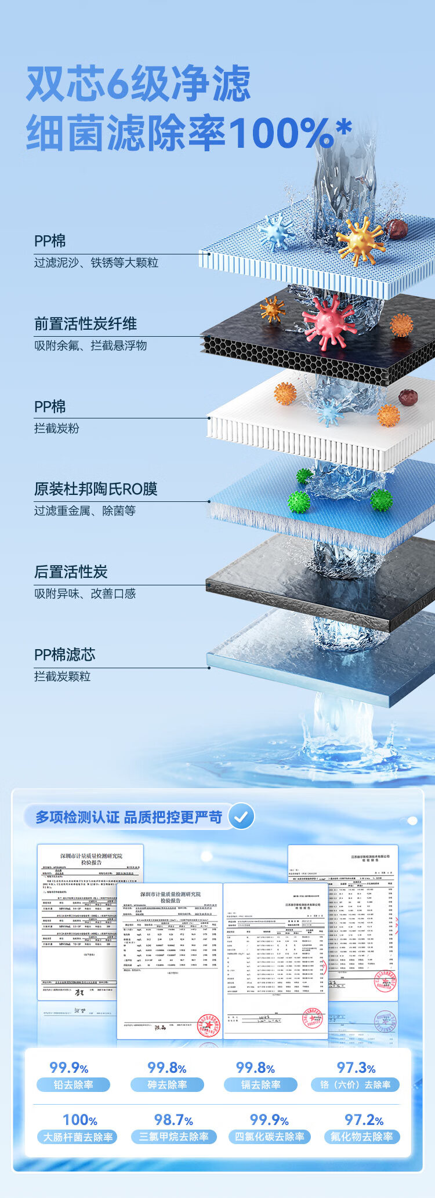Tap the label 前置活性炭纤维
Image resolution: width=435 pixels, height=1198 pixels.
pos(85,324)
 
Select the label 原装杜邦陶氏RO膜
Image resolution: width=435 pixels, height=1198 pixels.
pos(95,489)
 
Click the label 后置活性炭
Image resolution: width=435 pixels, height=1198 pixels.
pos(71,572)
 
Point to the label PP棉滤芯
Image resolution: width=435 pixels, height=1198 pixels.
pos(64,655)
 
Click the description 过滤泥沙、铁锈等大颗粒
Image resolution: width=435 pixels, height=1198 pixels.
pos(96,263)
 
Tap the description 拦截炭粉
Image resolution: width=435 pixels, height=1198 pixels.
pos(56,428)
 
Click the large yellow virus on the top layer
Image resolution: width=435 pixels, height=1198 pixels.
pos(360,241)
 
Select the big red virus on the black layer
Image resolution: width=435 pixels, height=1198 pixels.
pos(329,322)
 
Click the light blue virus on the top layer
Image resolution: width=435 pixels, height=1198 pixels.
pos(277,232)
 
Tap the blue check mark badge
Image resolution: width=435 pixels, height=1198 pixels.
pos(241,817)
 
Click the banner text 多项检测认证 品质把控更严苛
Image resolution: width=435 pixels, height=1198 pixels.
pos(129,817)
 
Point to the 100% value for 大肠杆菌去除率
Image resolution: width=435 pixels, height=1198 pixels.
pos(79,1120)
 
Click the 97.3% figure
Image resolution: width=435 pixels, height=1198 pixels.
pos(356,1068)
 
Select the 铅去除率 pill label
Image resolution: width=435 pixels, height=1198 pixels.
pos(73,1085)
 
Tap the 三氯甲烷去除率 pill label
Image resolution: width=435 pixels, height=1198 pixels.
pos(173,1137)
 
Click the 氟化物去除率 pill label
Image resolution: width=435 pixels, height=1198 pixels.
pos(361,1137)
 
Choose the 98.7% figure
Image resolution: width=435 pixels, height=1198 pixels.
pos(173,1120)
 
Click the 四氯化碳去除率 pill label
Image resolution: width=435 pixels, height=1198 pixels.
pos(269,1137)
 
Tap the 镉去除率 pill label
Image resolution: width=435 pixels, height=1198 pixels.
pos(260,1085)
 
